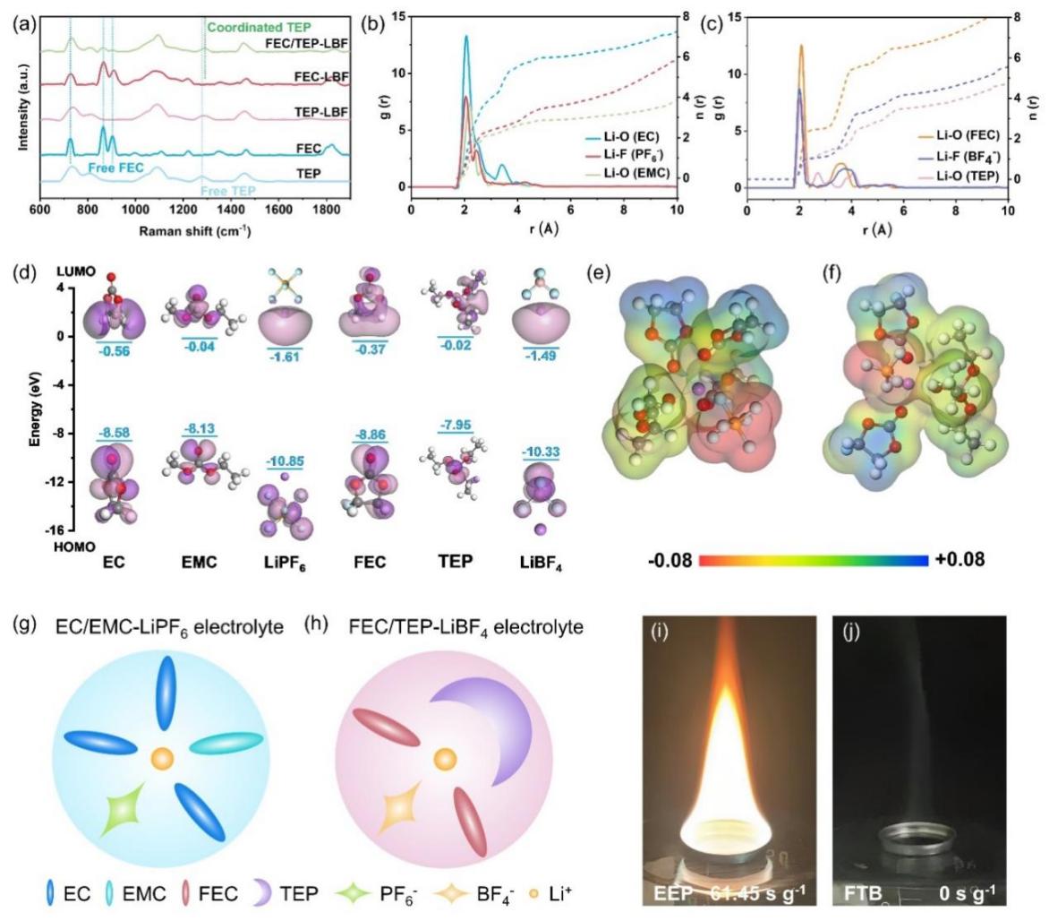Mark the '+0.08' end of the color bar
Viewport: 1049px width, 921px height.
[953, 560]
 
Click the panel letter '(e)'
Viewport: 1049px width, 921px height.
[601, 274]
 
